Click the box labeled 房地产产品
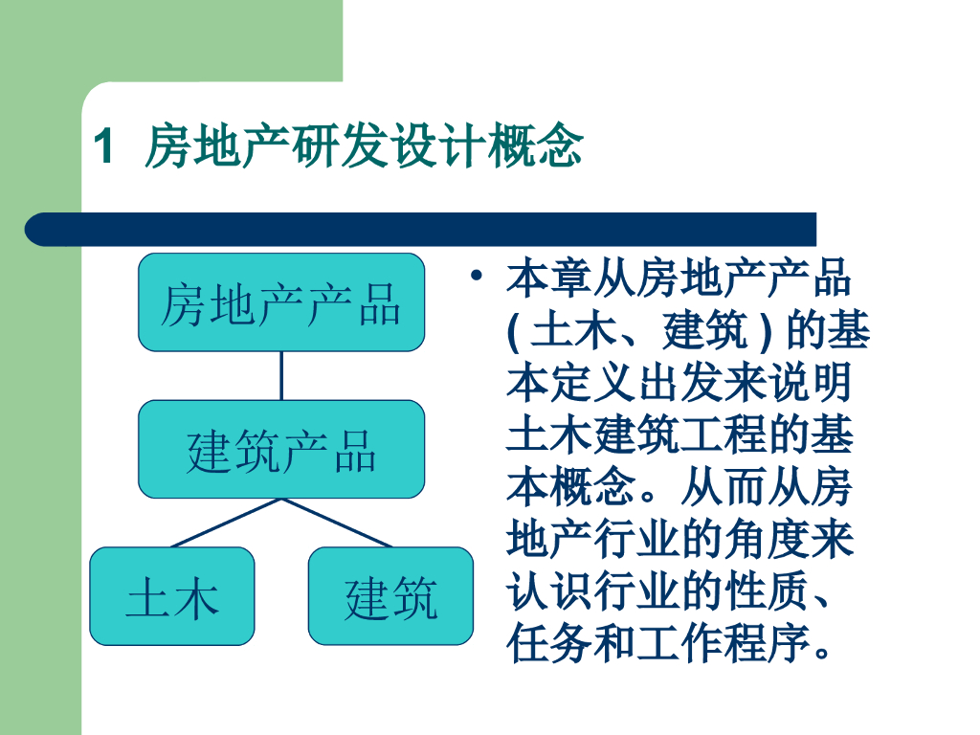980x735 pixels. (x=281, y=302)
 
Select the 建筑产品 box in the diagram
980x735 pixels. (x=281, y=450)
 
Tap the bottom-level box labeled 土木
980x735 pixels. (x=172, y=596)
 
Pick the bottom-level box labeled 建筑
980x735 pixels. (x=390, y=596)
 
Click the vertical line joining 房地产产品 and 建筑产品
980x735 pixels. (x=281, y=375)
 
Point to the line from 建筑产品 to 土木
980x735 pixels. (x=226, y=523)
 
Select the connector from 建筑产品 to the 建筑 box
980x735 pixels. (x=336, y=523)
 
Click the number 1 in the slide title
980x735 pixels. (x=104, y=146)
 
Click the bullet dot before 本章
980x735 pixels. (x=477, y=275)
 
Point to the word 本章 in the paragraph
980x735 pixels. (x=549, y=278)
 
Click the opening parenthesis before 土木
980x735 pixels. (x=514, y=331)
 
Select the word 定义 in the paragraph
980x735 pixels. (x=593, y=383)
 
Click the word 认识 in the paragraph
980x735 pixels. (x=549, y=591)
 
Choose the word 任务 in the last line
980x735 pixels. (x=549, y=644)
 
